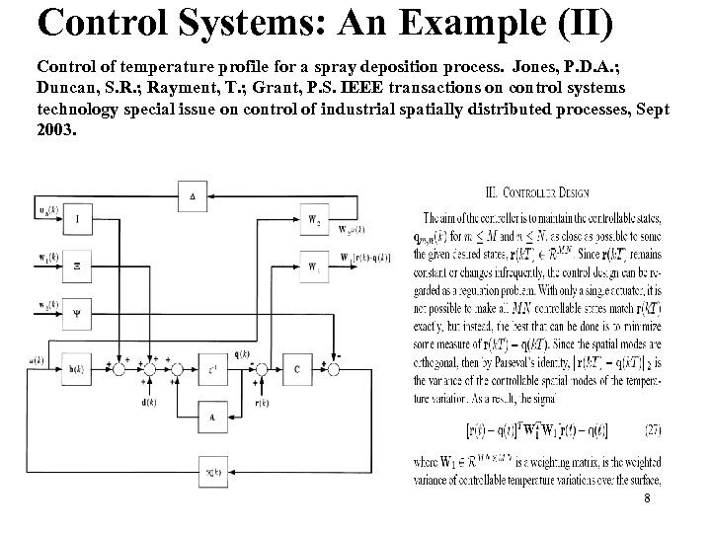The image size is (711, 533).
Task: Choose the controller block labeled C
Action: (x=295, y=369)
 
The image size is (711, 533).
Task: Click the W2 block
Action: (x=314, y=219)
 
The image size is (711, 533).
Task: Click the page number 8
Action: (x=646, y=499)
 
